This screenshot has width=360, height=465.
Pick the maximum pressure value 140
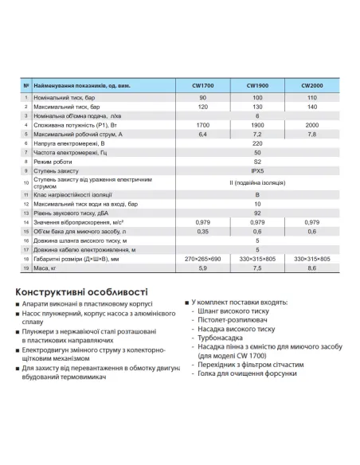point(311,106)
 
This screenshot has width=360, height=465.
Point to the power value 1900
point(257,125)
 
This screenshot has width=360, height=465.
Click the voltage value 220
point(257,144)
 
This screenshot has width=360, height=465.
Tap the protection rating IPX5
point(257,170)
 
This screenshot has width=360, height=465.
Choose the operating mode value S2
point(257,161)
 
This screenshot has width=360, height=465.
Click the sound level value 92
point(257,213)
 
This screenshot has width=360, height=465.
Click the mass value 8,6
point(311,268)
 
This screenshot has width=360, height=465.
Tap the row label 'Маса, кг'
point(49,268)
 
